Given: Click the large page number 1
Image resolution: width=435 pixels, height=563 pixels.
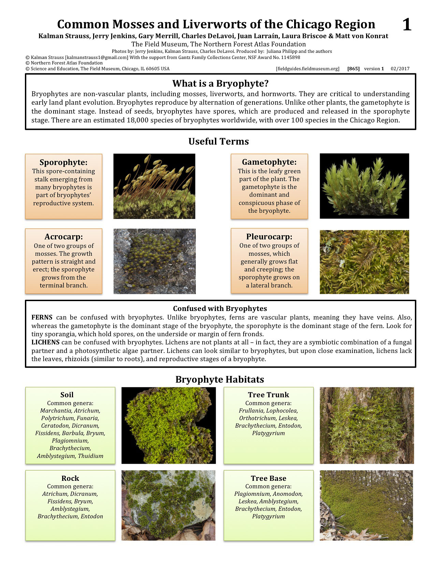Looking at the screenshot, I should tap(407, 25).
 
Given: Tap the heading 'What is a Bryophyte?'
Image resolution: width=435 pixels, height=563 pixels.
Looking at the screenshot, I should tap(220, 84).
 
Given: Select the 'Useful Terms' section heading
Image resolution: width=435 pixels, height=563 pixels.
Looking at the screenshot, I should tap(219, 142).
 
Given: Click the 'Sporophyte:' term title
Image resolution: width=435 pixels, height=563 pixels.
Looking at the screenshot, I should tap(63, 162).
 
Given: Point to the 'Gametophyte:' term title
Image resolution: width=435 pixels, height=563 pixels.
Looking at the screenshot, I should tap(269, 162).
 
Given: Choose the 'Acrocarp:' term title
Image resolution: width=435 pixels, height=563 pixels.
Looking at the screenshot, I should tap(63, 237).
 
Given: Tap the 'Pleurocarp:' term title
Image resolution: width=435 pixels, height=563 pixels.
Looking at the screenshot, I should tap(269, 237).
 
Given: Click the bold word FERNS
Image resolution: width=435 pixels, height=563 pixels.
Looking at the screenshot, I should tap(42, 317).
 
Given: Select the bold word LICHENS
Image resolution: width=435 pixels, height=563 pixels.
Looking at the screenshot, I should tap(45, 342).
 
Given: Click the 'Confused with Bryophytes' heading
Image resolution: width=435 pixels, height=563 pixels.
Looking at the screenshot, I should tap(220, 309).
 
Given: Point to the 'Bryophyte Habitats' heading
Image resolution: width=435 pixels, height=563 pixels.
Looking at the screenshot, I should tap(220, 380).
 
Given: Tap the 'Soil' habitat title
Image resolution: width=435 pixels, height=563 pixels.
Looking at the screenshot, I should tap(67, 395).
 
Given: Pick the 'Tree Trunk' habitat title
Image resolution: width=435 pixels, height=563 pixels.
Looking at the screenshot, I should tap(269, 395).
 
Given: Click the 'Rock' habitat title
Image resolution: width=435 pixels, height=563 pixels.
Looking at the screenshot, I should tap(70, 478).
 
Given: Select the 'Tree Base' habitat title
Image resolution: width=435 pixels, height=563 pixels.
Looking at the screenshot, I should tap(269, 478).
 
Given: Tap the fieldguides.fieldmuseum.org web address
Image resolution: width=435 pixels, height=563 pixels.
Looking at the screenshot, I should tap(308, 69).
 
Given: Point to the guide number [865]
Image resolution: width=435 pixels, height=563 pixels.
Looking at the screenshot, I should tap(353, 69).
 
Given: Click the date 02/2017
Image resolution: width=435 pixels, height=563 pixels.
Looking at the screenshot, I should tap(400, 69).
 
